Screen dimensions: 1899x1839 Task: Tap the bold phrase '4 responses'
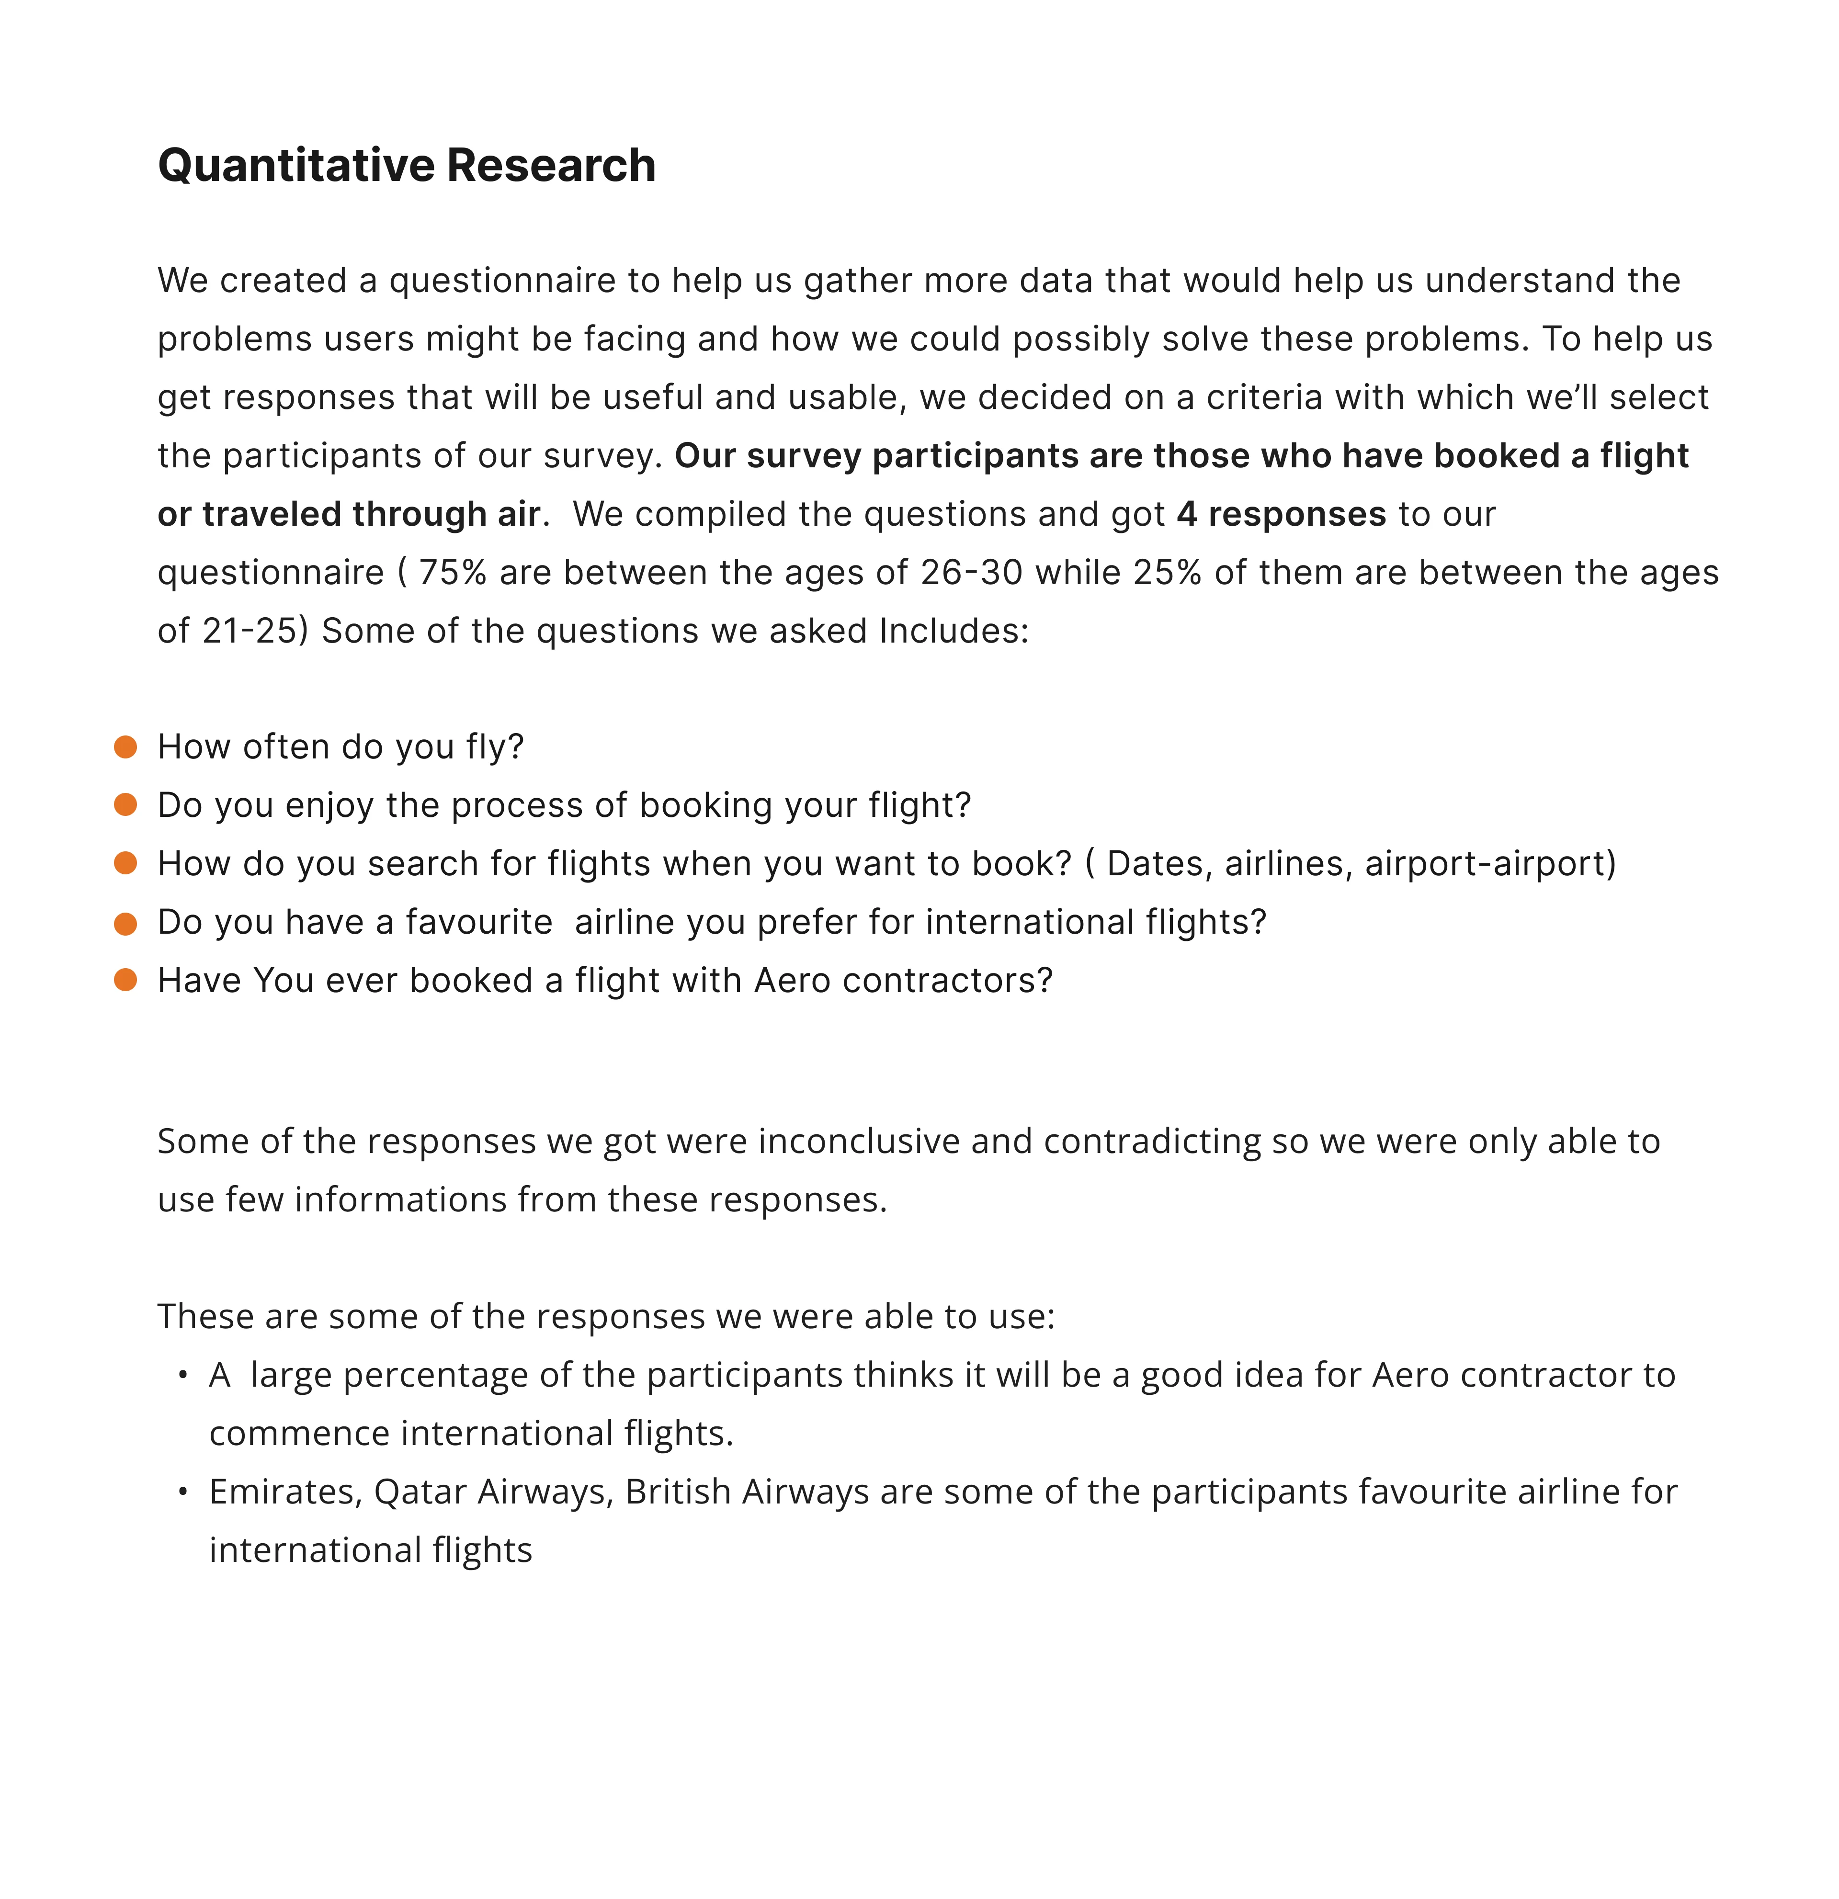[1281, 514]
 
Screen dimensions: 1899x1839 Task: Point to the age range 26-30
[971, 573]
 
